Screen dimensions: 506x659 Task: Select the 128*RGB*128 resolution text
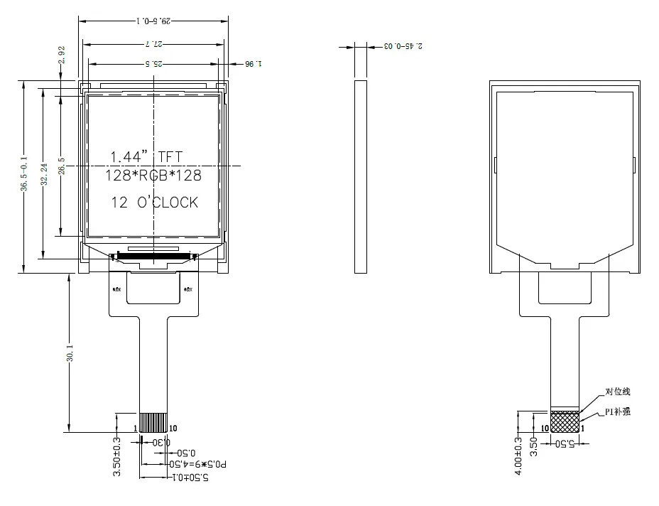coord(153,176)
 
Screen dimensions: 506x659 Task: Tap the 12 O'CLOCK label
coord(154,203)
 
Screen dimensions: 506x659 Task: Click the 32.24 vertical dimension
coord(44,174)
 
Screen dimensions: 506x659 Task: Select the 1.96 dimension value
coord(254,64)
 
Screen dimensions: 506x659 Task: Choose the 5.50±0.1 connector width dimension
coord(192,478)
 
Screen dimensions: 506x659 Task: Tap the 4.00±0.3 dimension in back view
coord(520,456)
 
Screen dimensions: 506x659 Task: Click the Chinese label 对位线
coord(617,392)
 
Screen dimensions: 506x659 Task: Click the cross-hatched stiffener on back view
coord(565,421)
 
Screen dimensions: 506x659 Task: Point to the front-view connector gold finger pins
coord(153,422)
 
